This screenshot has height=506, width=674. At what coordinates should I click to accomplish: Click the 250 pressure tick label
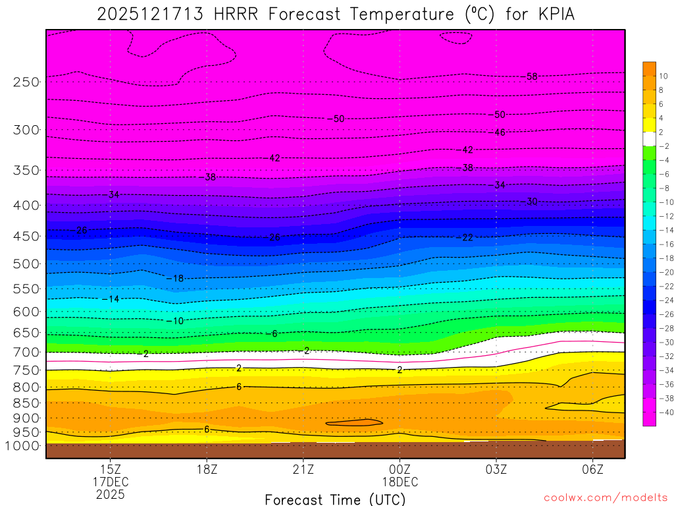coord(26,82)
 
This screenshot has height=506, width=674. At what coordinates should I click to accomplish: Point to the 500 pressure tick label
coord(26,264)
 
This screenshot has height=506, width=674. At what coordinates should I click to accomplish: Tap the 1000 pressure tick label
coord(22,445)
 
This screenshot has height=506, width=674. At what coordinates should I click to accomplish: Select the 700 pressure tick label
coord(26,352)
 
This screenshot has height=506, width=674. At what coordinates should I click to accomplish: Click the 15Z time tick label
coord(110,469)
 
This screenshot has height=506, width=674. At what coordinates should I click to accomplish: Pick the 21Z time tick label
coord(303,469)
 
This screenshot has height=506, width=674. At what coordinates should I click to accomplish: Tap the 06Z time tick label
coord(593,469)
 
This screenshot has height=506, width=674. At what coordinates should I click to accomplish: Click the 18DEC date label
coord(400,482)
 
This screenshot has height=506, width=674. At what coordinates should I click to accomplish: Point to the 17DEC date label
coord(110,482)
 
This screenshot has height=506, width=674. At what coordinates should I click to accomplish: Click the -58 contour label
coord(529,76)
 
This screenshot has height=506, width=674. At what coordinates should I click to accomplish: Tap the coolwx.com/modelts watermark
coord(606,497)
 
